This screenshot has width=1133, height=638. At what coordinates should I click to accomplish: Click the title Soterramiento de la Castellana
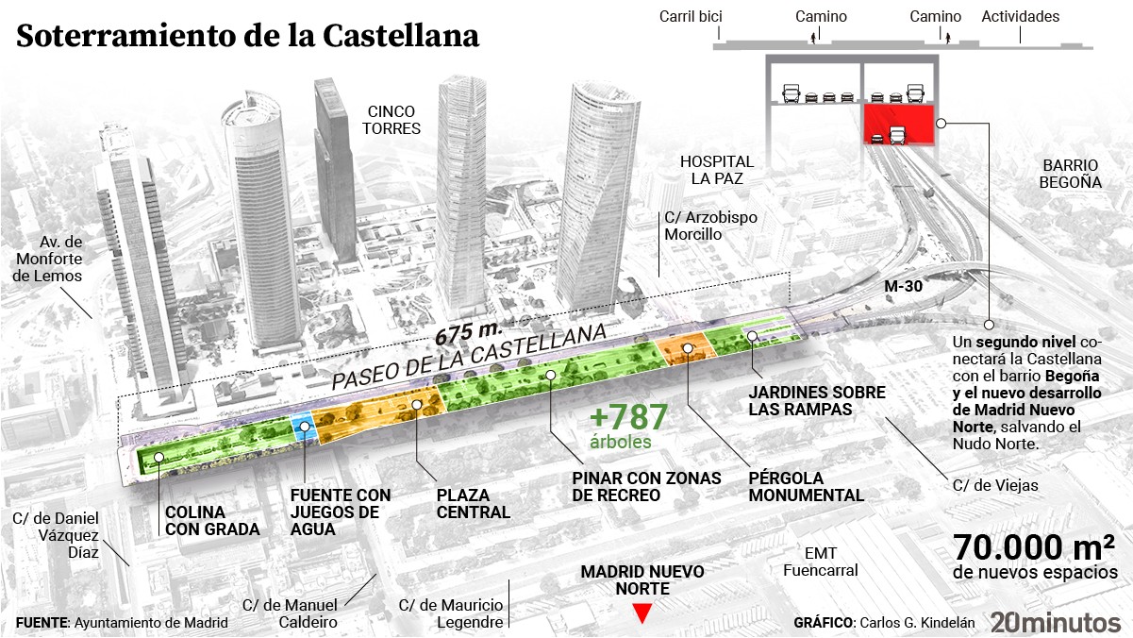coord(248,36)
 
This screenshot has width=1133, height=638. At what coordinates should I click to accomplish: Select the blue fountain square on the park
coord(303,428)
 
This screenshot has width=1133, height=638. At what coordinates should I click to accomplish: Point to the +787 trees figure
coord(628,418)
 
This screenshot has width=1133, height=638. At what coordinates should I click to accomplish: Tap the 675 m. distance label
coord(468,333)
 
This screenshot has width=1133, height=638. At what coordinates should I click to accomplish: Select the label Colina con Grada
coord(212,521)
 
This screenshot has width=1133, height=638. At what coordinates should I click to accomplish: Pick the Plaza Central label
coord(473,504)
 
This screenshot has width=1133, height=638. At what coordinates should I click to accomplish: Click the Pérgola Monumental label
coord(806,486)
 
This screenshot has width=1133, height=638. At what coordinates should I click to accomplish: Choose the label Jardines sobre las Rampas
coord(817,400)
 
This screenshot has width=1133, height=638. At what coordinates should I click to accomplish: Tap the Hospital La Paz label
coord(717,170)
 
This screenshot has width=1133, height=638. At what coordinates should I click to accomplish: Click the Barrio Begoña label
coord(1071,173)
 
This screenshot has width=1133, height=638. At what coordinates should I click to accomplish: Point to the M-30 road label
coord(903,285)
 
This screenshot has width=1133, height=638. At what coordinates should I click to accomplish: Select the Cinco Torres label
coord(394,119)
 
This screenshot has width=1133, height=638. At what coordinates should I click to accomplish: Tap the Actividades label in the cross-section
coord(1020,16)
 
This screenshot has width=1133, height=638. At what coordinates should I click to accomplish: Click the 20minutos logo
coord(1055,621)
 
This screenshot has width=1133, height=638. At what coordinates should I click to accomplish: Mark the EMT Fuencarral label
coord(820,562)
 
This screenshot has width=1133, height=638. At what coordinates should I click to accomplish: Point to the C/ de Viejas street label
coord(995,485)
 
